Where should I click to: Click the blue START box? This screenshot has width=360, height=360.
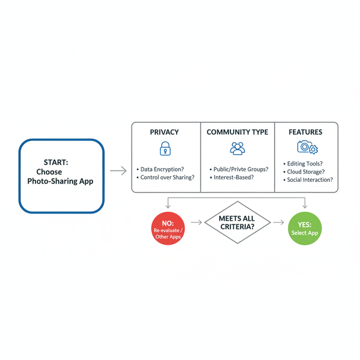(61, 175)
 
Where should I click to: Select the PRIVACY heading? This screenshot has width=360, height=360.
(164, 132)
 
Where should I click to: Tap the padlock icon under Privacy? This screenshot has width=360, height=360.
(164, 148)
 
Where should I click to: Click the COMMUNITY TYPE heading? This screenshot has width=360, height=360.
(237, 132)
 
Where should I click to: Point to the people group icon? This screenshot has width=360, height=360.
(237, 148)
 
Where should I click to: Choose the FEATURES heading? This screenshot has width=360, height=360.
(305, 132)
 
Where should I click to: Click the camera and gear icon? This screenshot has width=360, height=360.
(307, 148)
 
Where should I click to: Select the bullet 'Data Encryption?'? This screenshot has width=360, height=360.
(163, 170)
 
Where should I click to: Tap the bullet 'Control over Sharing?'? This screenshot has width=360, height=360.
(167, 178)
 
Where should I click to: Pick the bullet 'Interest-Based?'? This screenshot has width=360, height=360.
(233, 178)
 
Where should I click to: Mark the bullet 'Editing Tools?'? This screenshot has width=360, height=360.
(306, 163)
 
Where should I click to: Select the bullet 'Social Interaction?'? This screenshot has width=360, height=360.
(310, 180)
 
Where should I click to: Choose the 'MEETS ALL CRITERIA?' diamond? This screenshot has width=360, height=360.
(236, 222)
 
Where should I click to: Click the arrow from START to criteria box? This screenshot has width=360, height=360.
(119, 171)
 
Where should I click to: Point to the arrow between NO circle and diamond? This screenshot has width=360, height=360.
(196, 223)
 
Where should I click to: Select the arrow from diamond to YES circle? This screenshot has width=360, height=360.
(278, 223)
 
